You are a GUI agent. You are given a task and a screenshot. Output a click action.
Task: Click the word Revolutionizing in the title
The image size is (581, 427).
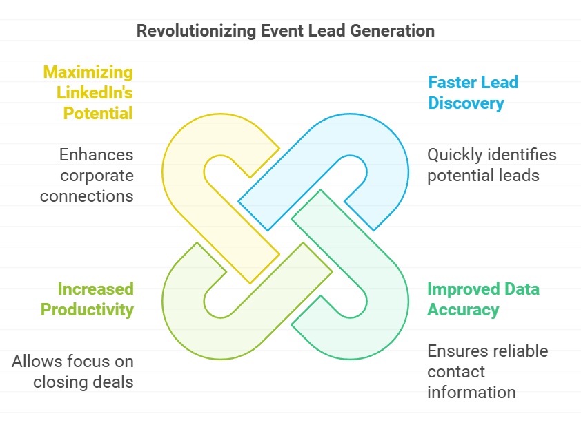(x=196, y=31)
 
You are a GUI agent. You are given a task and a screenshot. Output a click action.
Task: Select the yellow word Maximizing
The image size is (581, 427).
(x=88, y=72)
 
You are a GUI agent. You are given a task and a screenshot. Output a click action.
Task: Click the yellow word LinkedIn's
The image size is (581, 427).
(x=95, y=92)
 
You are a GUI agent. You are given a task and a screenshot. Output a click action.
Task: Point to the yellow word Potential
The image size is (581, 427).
(x=98, y=113)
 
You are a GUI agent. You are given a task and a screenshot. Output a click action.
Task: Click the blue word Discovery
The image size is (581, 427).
(x=466, y=103)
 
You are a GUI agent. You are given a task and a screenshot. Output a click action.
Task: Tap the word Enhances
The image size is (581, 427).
(x=97, y=154)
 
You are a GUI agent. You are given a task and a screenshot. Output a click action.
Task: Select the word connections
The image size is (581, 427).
(x=87, y=196)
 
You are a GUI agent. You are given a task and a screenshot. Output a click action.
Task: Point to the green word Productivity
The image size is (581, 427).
(x=87, y=310)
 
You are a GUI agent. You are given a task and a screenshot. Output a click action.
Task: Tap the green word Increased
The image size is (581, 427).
(x=96, y=289)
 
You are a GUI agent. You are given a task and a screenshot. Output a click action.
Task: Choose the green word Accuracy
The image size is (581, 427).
(x=463, y=310)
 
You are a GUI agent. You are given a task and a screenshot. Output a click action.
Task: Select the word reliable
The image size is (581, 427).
(x=521, y=351)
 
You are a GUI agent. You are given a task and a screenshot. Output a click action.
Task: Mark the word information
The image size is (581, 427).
(x=471, y=393)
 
